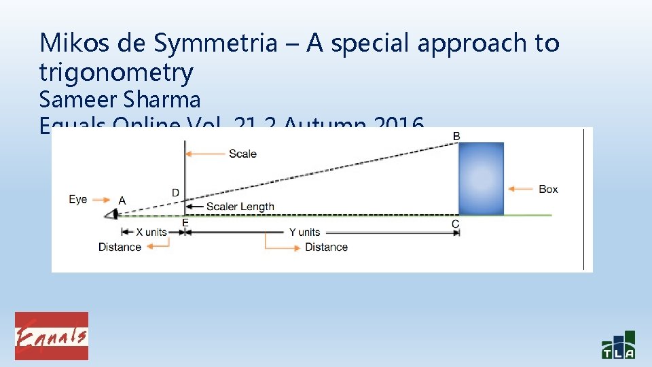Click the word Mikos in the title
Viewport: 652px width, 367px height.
[x=73, y=43]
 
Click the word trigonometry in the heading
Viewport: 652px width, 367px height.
[x=116, y=71]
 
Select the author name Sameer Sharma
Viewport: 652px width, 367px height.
[x=120, y=100]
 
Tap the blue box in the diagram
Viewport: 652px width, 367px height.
[x=481, y=178]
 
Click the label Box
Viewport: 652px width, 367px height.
[x=548, y=189]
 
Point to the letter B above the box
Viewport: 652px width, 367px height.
[x=456, y=137]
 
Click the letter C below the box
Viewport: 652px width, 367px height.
[x=455, y=224]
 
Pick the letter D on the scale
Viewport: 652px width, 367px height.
[x=175, y=194]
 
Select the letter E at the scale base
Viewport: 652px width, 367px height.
[x=185, y=222]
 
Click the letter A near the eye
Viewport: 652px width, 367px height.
[x=122, y=200]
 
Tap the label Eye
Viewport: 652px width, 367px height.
[x=78, y=200]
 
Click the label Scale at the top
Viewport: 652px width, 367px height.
[x=242, y=154]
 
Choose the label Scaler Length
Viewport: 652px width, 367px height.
[x=240, y=207]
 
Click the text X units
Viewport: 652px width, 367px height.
[x=151, y=232]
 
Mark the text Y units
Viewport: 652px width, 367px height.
[x=304, y=232]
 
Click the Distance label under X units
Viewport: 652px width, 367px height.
[x=120, y=247]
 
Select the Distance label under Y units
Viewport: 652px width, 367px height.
[x=326, y=247]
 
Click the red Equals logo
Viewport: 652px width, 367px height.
[x=52, y=336]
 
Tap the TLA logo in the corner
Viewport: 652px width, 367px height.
[x=618, y=345]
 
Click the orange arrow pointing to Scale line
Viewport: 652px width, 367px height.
[x=206, y=154]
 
